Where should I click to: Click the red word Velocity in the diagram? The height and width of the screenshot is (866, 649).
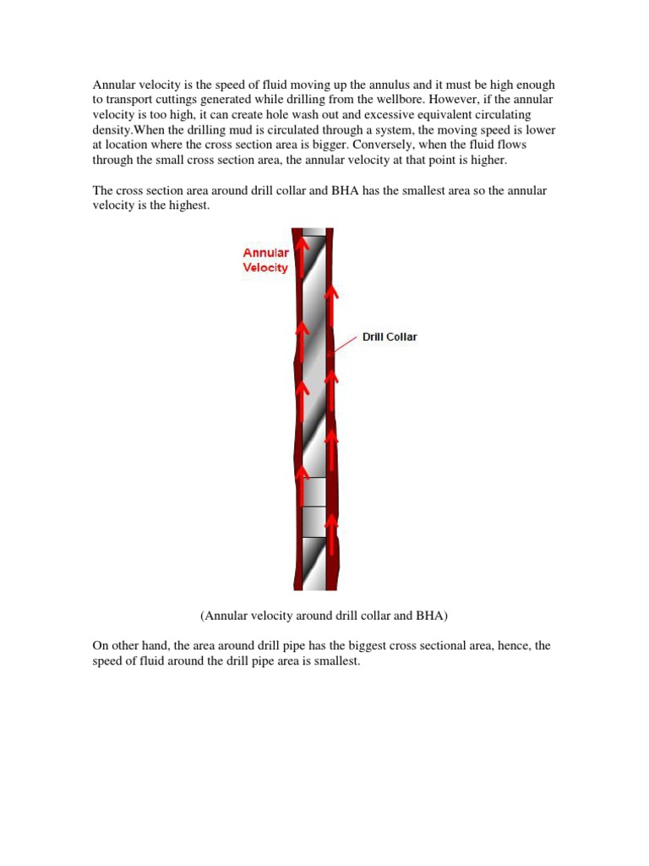[265, 268]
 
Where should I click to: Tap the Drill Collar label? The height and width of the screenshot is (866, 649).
[390, 337]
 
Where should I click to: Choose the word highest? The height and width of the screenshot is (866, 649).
[187, 206]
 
